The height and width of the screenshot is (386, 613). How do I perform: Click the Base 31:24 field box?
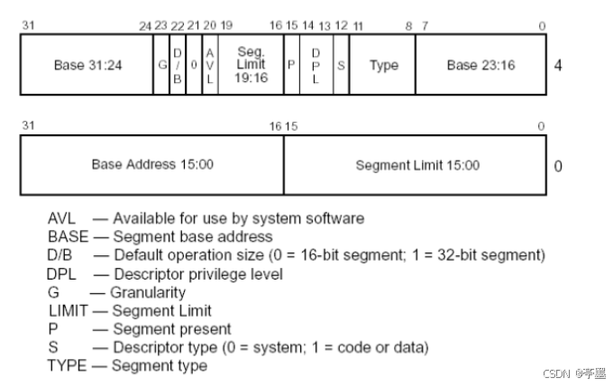click(x=87, y=65)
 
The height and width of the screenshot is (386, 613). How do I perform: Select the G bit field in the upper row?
click(x=161, y=65)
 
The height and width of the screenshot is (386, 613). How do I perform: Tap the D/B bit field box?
click(x=178, y=65)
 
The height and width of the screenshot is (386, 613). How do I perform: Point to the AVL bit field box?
click(x=209, y=65)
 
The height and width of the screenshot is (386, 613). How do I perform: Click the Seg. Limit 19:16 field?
click(x=251, y=65)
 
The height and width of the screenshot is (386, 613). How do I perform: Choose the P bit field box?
click(x=291, y=65)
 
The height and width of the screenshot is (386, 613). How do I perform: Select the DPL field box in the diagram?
click(x=316, y=65)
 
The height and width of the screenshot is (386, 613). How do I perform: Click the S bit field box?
click(x=341, y=65)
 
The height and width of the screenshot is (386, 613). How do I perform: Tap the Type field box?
click(x=383, y=65)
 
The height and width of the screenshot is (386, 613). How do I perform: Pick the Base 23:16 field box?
click(x=480, y=65)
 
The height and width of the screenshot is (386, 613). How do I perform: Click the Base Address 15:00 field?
click(x=152, y=165)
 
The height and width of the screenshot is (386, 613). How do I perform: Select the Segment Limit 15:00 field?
click(x=417, y=165)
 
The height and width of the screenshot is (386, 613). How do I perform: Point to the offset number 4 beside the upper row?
click(x=559, y=66)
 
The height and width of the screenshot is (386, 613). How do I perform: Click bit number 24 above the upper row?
click(x=145, y=25)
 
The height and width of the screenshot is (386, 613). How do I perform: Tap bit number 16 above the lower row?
click(x=276, y=125)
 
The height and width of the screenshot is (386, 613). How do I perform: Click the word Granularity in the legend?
click(x=149, y=292)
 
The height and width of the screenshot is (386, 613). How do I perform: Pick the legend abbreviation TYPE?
click(x=67, y=365)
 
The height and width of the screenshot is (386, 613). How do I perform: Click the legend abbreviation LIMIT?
click(x=67, y=310)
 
